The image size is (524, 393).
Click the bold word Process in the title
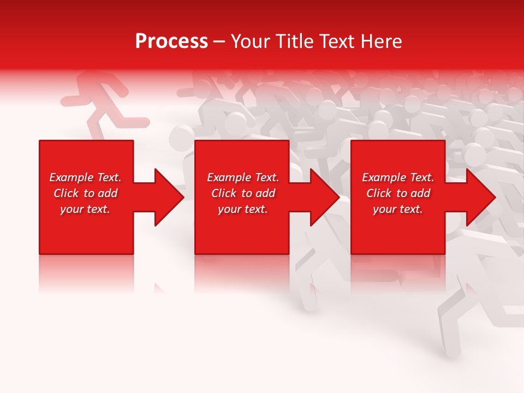click(171, 41)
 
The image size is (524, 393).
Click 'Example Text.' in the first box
click(85, 177)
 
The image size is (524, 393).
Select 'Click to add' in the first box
click(85, 193)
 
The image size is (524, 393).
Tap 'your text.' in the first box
click(85, 209)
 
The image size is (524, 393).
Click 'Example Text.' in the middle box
click(242, 177)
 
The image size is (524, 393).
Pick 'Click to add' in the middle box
click(242, 193)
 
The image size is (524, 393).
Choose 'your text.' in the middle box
click(242, 209)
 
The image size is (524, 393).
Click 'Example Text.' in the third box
click(398, 177)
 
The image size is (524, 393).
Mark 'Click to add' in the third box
click(398, 193)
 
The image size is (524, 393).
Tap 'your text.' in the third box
click(398, 209)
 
